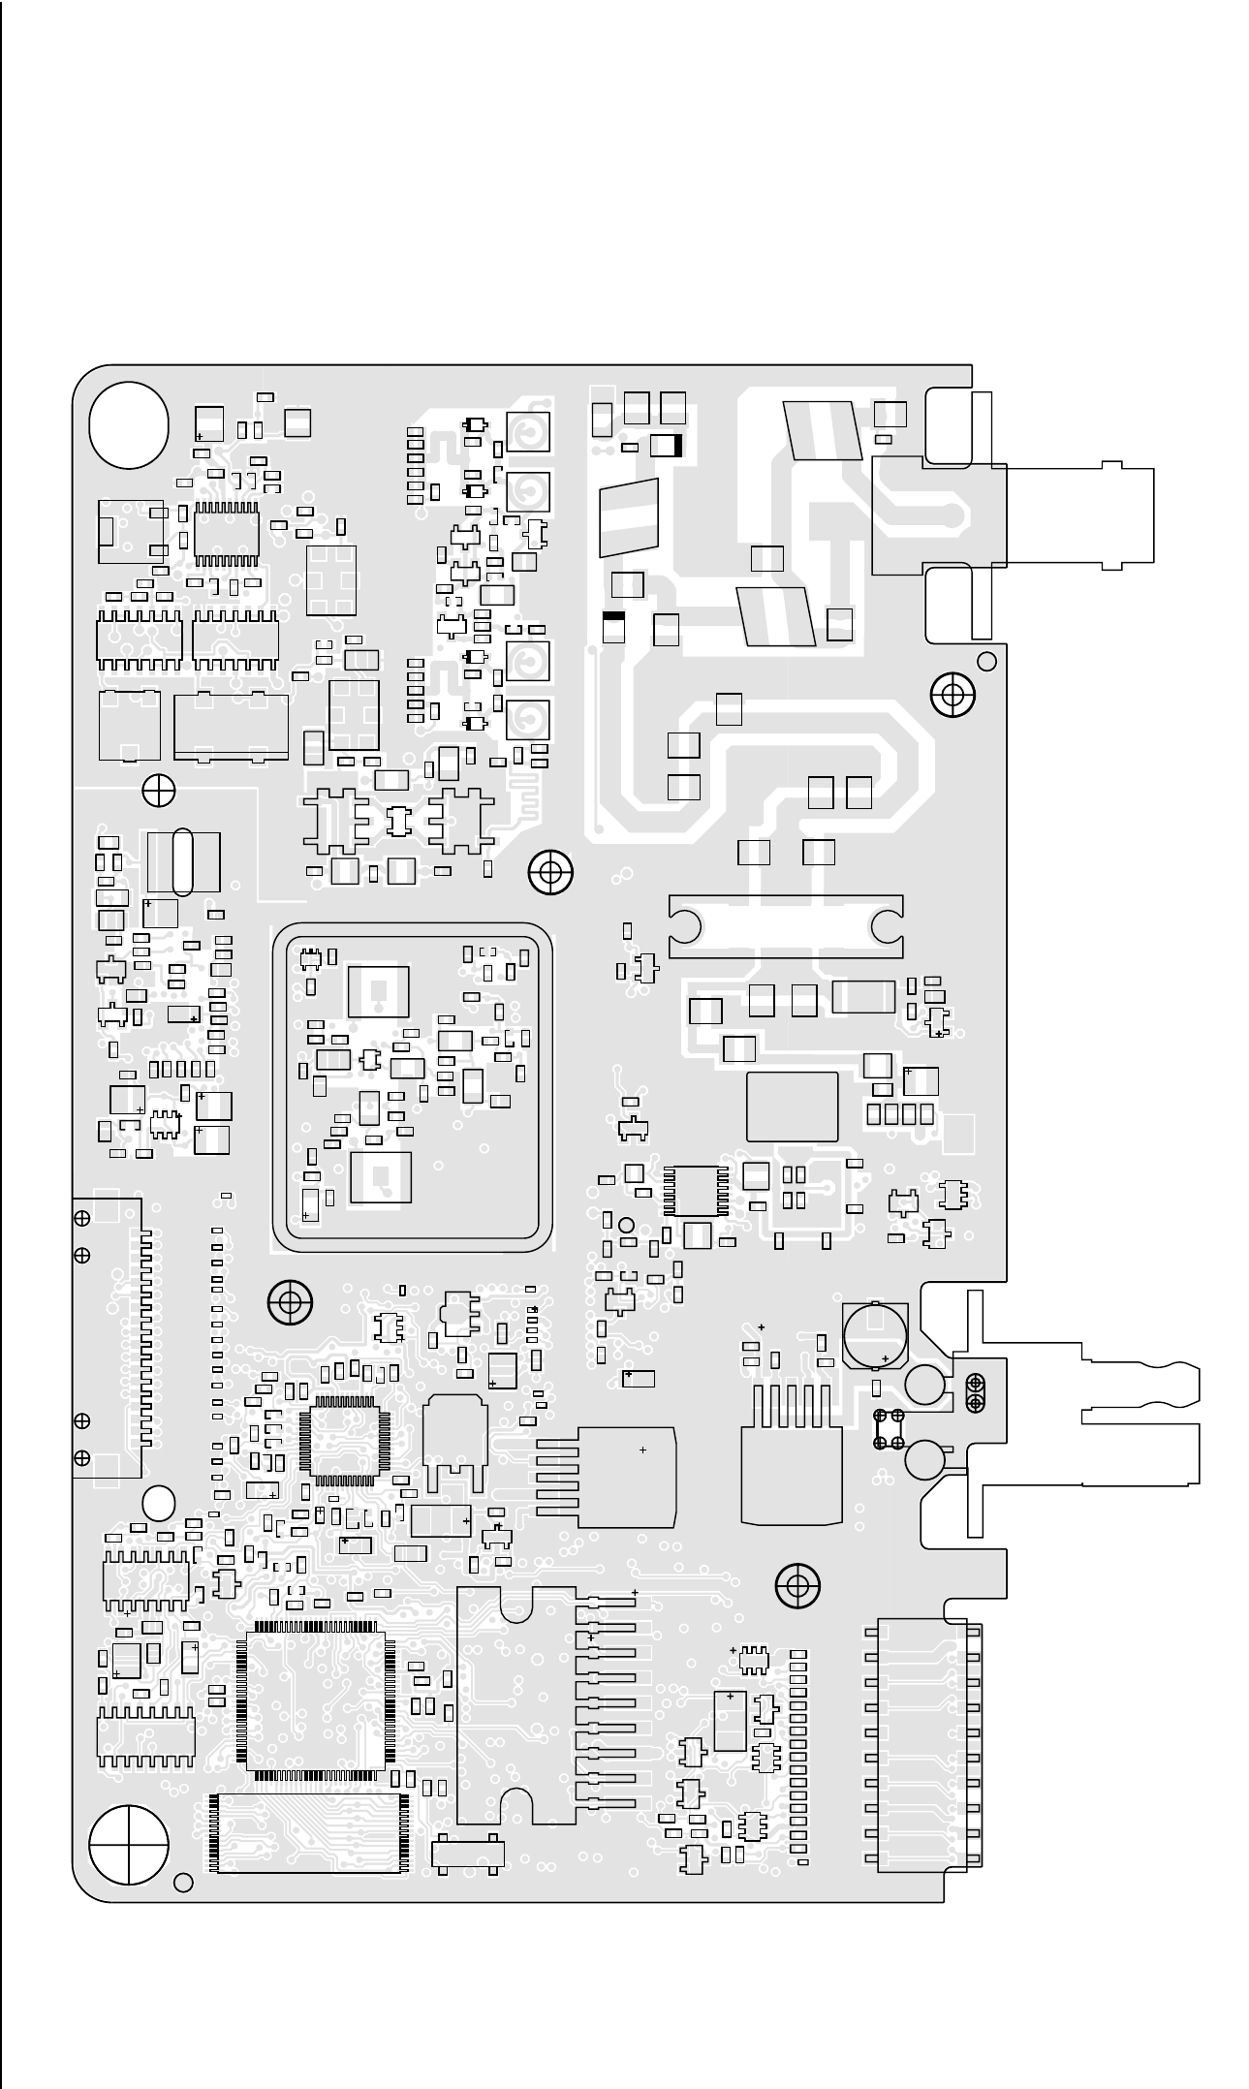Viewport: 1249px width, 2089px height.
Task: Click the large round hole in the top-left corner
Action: tap(129, 423)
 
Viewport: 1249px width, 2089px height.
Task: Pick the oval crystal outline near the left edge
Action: tap(182, 862)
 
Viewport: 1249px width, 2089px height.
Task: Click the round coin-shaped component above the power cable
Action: tap(874, 1334)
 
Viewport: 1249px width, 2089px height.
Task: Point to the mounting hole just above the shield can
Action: tap(550, 872)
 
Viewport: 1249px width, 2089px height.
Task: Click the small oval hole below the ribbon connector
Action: tap(157, 1503)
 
